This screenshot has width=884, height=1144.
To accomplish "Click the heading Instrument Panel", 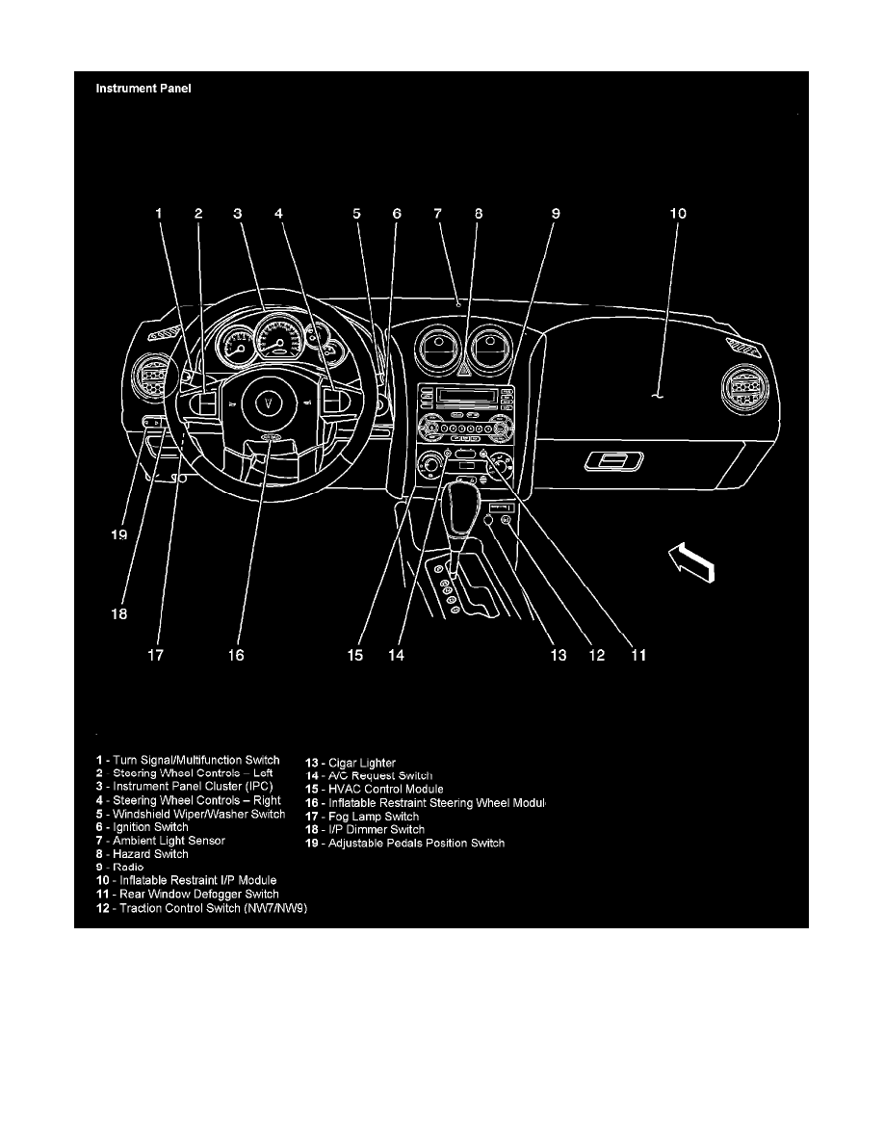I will coord(143,90).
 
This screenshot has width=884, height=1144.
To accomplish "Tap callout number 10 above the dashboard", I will coord(678,214).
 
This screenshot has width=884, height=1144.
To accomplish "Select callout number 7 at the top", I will coord(437,214).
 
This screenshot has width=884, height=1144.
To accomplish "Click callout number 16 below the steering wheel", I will coord(236,655).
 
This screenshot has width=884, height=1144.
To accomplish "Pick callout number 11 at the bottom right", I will coord(637,655).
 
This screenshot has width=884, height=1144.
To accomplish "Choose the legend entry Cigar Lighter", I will coord(351,764).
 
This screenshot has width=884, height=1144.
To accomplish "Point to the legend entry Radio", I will coord(135,868).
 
